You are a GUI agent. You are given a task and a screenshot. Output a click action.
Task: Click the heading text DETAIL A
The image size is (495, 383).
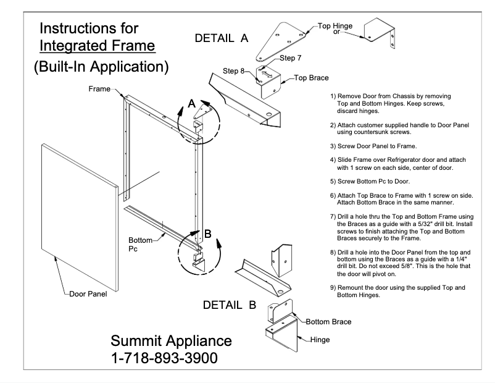click(221, 38)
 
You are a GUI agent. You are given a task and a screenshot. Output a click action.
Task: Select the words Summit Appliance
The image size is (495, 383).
click(171, 340)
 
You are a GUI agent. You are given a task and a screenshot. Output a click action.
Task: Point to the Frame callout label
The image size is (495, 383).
click(98, 90)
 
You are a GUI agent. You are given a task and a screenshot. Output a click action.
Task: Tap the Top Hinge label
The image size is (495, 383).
click(336, 26)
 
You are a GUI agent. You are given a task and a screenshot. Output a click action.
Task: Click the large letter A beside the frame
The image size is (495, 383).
click(192, 105)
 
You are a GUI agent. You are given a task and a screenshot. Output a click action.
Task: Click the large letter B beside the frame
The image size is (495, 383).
click(208, 234)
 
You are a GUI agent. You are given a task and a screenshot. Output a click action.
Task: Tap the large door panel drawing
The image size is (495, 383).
click(78, 198)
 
